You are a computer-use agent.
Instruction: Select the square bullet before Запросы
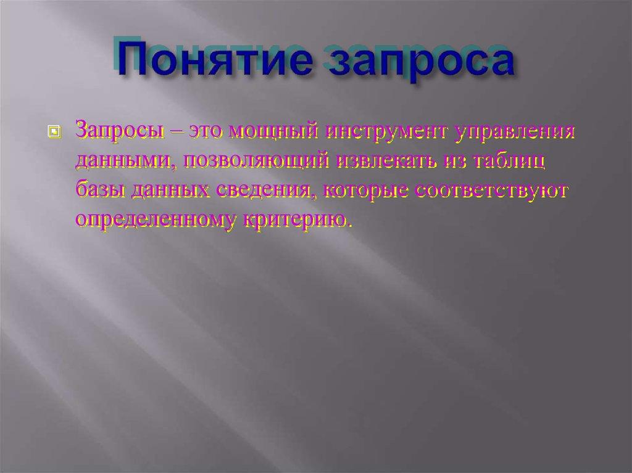pos(54,132)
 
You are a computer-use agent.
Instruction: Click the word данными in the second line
pos(123,160)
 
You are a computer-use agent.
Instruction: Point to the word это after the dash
pos(206,131)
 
